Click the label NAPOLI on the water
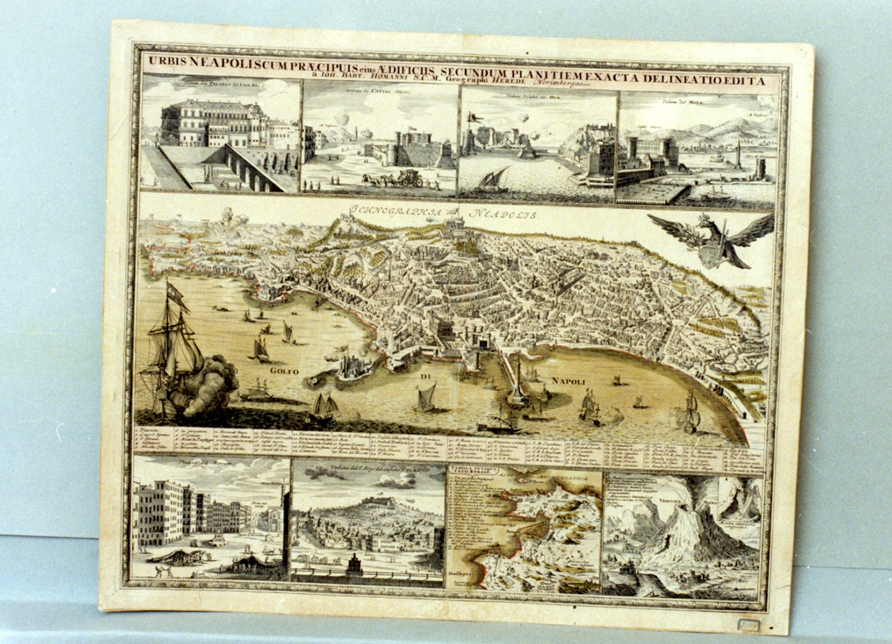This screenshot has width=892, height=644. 569,381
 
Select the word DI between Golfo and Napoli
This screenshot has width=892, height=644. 425,377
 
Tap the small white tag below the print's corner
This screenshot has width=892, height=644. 749,625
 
